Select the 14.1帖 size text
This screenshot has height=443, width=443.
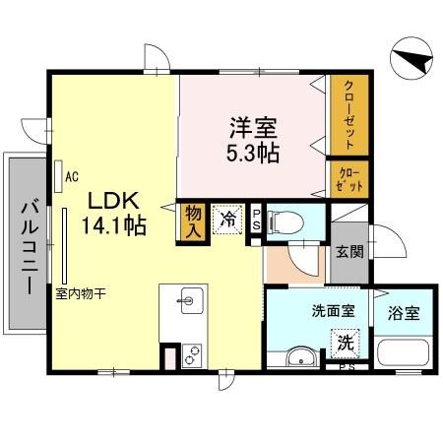tap(117, 225)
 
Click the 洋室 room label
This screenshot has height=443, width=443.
tap(254, 127)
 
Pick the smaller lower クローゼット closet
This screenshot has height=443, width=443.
tap(348, 178)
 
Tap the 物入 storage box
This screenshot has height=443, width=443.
tap(194, 221)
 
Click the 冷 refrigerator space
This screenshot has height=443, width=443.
tap(228, 220)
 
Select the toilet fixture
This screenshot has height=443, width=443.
tap(288, 219)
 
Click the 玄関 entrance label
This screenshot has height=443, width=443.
tap(348, 250)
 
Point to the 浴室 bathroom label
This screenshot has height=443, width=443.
tap(404, 314)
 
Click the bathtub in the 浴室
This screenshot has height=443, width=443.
tap(402, 351)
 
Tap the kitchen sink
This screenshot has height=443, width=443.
tap(190, 300)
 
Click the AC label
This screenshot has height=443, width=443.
tap(71, 177)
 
